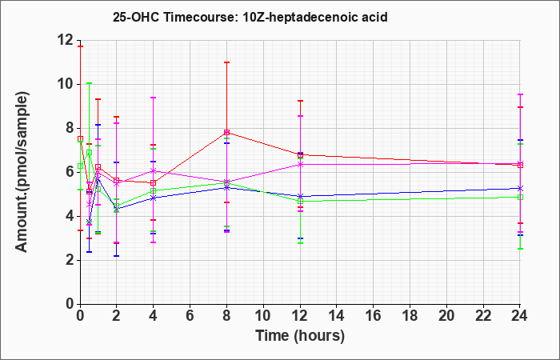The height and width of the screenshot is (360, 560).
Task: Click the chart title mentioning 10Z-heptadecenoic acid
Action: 250,17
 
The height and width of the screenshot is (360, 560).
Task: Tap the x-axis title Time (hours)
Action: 300,336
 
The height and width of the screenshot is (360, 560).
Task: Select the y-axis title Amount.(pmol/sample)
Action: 22,172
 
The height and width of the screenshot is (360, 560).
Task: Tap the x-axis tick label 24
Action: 519,315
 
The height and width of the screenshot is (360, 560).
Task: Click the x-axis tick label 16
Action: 373,315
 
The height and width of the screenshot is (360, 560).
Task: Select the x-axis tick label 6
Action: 190,315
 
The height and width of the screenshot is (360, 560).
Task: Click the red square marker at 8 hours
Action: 226,133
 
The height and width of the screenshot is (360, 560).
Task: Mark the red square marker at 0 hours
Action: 80,138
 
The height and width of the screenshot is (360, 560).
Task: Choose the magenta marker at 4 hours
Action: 154,170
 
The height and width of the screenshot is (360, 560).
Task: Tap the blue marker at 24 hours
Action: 520,188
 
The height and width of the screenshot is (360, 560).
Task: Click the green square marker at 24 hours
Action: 520,197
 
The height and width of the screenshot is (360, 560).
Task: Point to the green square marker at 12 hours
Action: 300,201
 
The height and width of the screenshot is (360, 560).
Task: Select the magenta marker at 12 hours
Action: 300,164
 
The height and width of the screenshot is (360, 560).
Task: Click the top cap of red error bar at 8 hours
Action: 226,62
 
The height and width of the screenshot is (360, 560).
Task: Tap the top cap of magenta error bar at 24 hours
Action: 520,94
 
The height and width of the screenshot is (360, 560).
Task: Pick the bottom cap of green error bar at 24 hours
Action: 520,249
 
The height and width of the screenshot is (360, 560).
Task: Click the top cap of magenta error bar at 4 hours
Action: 154,97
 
